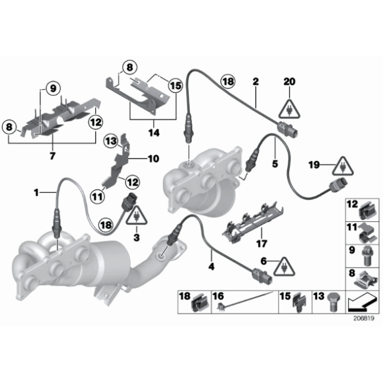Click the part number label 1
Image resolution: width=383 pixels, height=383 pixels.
38,192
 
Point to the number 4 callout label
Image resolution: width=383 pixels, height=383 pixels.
211,267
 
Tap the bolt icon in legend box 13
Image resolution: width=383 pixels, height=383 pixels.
331,302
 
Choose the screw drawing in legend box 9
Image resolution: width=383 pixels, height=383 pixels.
362,253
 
